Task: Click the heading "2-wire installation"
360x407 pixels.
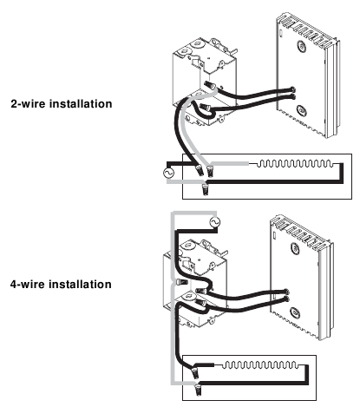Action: [x=62, y=103]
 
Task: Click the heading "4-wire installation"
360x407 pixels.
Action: [x=61, y=284]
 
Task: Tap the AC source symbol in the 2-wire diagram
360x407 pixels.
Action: [x=168, y=173]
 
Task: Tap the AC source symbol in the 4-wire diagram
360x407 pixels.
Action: [x=214, y=222]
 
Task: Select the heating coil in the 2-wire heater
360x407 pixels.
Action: [x=294, y=164]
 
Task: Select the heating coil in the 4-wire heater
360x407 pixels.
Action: [x=259, y=365]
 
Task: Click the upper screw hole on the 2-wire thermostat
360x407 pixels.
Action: [x=301, y=46]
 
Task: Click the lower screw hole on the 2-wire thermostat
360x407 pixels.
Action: [x=301, y=110]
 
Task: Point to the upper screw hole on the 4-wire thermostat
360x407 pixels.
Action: [x=295, y=248]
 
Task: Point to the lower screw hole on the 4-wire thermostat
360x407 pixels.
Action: [x=295, y=312]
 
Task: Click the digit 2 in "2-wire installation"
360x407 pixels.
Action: [x=14, y=104]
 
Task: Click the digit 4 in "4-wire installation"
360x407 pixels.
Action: [x=14, y=285]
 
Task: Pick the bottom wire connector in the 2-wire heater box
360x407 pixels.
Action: [x=205, y=189]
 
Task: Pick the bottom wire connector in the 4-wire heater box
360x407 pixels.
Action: [x=199, y=389]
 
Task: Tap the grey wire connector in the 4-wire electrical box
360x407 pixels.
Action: [x=181, y=281]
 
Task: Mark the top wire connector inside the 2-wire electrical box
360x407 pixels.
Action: [x=210, y=86]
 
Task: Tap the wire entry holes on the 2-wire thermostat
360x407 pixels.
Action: [x=293, y=93]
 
